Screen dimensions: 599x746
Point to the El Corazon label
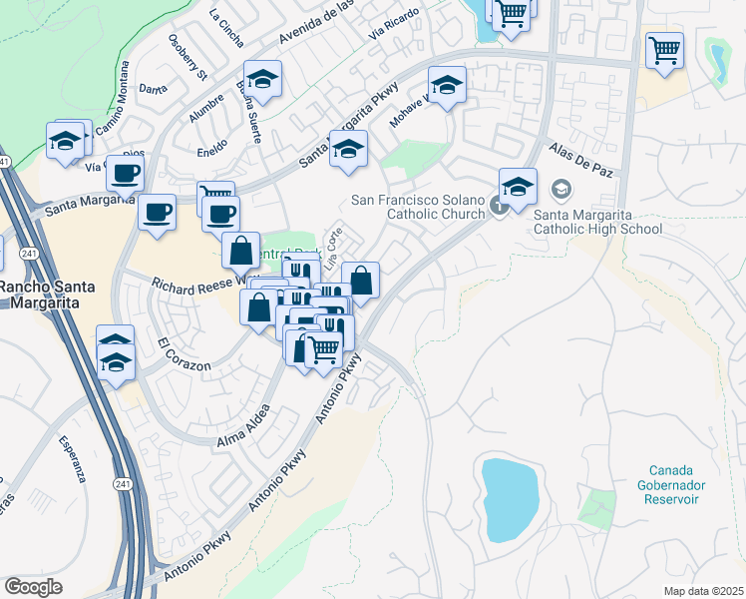[x=185, y=355]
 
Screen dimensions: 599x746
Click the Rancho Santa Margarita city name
[x=47, y=296]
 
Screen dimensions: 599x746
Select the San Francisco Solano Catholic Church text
[x=418, y=207]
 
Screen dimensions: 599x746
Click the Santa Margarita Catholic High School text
[x=598, y=221]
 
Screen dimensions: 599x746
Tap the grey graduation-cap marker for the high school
[x=561, y=190]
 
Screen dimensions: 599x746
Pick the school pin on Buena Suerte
[x=262, y=81]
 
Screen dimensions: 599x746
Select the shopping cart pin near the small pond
[x=664, y=50]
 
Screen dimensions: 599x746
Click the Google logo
[x=34, y=587]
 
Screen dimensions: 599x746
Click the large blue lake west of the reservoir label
[x=510, y=498]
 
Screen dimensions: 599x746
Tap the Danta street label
[x=154, y=89]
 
